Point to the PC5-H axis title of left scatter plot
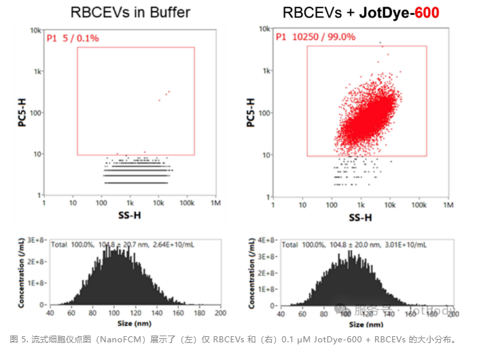tap(22, 113)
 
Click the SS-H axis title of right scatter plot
tap(360, 218)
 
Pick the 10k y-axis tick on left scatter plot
tap(35, 31)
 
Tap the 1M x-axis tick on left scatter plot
tap(216, 202)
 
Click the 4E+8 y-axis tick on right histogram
tap(268, 240)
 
